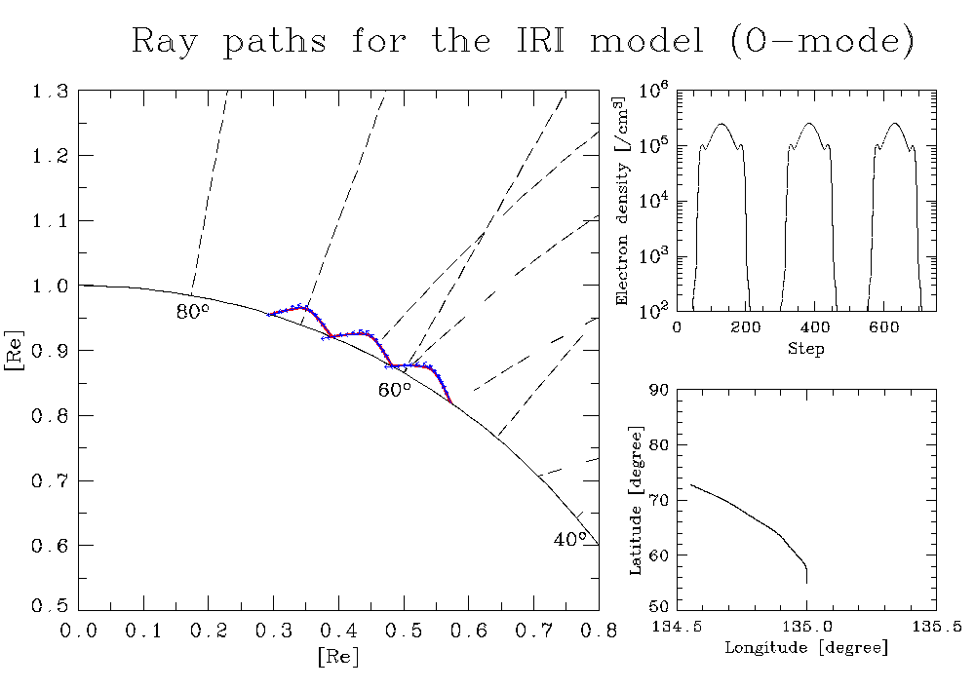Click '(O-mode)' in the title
tap(822, 42)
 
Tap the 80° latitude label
tap(193, 311)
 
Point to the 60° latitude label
tap(395, 390)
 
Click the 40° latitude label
tap(570, 539)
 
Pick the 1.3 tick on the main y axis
tap(50, 92)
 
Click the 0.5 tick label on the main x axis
tap(403, 632)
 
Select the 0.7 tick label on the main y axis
tap(50, 480)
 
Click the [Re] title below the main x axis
tap(338, 656)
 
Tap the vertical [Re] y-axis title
tap(14, 351)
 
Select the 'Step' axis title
tap(806, 349)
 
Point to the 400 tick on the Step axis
tap(815, 327)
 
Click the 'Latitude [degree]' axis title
tap(636, 500)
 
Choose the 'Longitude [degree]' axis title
tap(806, 648)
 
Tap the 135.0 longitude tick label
tap(806, 627)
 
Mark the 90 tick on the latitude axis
tap(658, 390)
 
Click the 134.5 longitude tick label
tap(677, 627)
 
